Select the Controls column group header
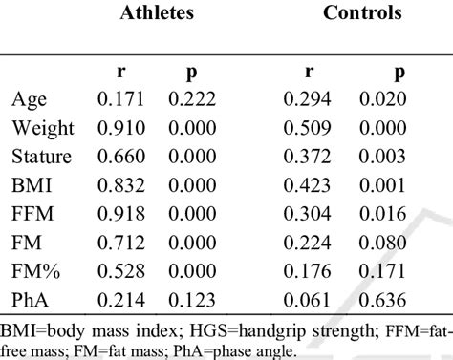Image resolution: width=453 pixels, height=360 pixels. (x=363, y=13)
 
